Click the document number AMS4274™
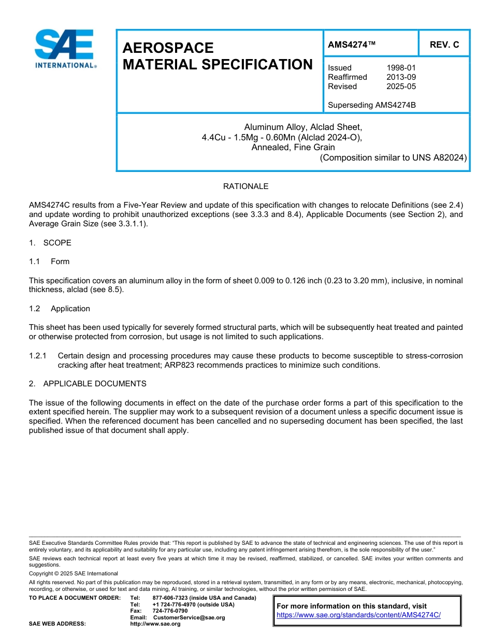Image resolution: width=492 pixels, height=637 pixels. [x=351, y=45]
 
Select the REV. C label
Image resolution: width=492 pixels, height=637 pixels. [x=444, y=45]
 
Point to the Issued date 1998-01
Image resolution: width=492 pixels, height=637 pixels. [x=401, y=68]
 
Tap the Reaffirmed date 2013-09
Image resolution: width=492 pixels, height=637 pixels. [x=401, y=77]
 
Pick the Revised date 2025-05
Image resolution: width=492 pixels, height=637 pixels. [x=401, y=86]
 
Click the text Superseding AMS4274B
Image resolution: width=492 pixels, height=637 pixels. [x=372, y=105]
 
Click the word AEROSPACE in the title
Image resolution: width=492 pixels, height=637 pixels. [x=168, y=48]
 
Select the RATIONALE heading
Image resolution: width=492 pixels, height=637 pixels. [x=245, y=186]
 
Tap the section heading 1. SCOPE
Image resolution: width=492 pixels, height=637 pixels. [x=50, y=243]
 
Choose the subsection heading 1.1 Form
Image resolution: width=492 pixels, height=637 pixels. [x=49, y=262]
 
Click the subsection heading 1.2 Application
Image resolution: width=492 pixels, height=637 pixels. [x=60, y=309]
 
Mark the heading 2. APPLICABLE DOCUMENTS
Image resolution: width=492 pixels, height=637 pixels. [x=88, y=384]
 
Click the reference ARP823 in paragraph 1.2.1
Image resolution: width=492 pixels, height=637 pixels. [x=178, y=365]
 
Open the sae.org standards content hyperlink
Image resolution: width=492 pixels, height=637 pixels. [x=358, y=615]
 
